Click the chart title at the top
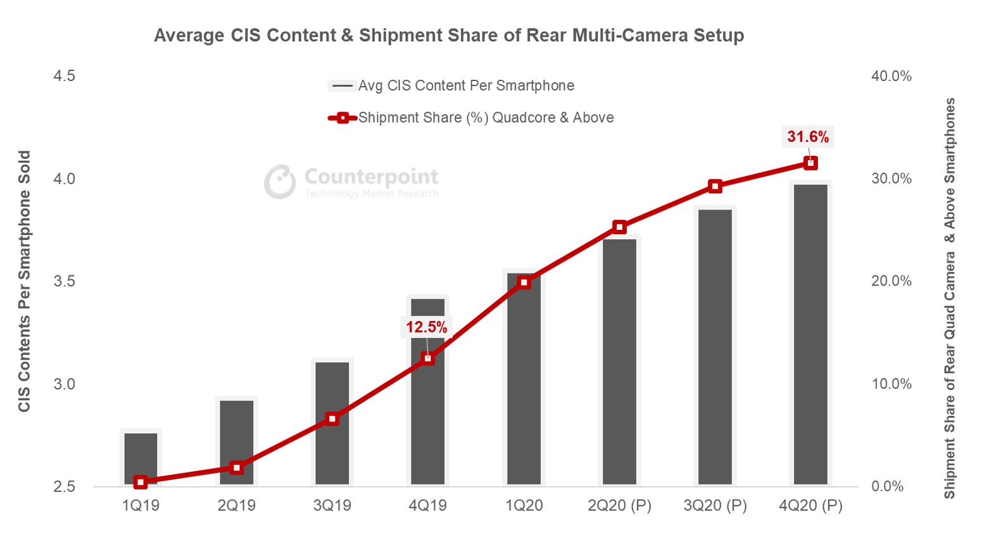tap(449, 35)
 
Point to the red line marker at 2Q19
tap(236, 468)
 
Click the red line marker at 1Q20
tap(524, 282)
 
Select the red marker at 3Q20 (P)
tap(715, 186)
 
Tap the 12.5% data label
tap(426, 327)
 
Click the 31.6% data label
tap(808, 137)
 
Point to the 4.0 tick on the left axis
tap(64, 179)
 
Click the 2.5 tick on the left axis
tap(64, 486)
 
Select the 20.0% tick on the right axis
tap(891, 281)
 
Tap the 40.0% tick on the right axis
tap(891, 76)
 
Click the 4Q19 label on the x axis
tap(427, 505)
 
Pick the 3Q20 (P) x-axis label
tap(715, 505)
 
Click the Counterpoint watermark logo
tap(351, 182)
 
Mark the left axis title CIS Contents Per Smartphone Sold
tap(24, 281)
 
